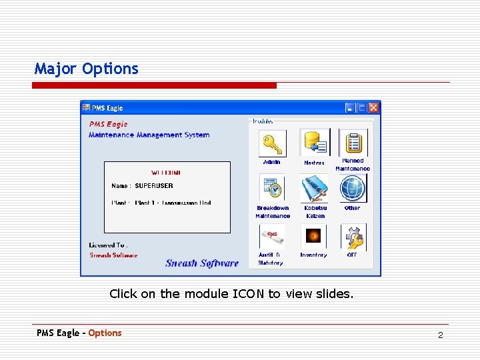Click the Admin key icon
[x=272, y=143]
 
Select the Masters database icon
[x=313, y=143]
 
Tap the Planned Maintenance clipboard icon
[x=353, y=142]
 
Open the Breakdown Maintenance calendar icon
[x=272, y=189]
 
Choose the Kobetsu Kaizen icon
[x=313, y=189]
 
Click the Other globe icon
[x=353, y=189]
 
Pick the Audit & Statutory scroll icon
[x=272, y=236]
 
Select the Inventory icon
[x=313, y=236]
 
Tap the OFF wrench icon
[x=353, y=236]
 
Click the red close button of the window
[x=373, y=107]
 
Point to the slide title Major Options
[x=87, y=69]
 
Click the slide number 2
[x=440, y=335]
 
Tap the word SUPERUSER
[x=154, y=186]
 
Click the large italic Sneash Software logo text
[x=202, y=263]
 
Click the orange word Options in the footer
[x=105, y=333]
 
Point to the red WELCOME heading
[x=166, y=173]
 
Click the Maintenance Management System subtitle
[x=149, y=135]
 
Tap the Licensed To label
[x=108, y=245]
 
